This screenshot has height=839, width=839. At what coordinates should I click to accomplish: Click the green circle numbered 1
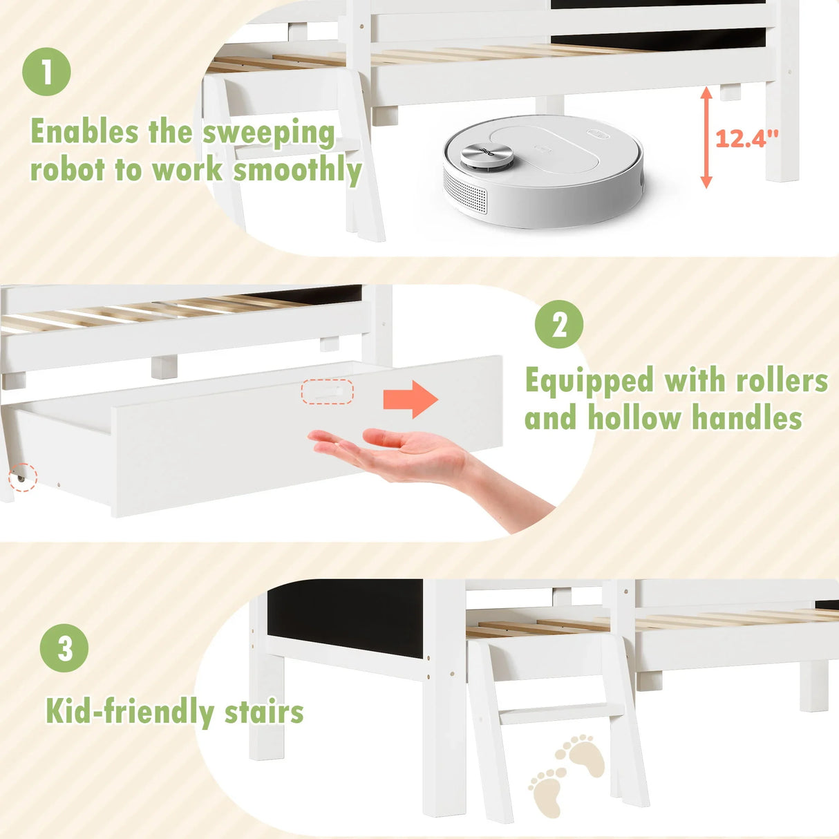click(x=46, y=72)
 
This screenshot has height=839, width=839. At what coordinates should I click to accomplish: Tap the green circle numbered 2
click(x=558, y=324)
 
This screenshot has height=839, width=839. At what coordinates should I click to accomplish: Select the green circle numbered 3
click(x=64, y=648)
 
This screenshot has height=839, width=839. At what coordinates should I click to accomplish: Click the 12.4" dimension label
click(x=746, y=138)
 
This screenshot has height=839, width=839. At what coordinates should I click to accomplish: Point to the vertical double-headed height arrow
click(x=706, y=138)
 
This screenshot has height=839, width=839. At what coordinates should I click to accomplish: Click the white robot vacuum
click(x=543, y=171)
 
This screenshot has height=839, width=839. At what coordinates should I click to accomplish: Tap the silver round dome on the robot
click(x=487, y=156)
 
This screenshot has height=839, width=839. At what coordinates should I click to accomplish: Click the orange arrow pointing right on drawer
click(x=411, y=399)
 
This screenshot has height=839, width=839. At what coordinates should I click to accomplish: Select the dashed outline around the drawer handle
click(x=327, y=391)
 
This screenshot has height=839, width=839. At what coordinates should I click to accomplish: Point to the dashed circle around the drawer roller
click(x=23, y=478)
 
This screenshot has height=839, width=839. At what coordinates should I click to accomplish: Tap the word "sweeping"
click(x=270, y=133)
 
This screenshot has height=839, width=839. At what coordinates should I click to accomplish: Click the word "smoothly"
click(x=299, y=170)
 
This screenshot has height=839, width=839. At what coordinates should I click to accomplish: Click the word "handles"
click(x=746, y=417)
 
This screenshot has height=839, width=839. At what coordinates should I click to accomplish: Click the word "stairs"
click(x=264, y=712)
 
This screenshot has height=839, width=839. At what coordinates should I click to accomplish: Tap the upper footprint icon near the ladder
click(x=581, y=757)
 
